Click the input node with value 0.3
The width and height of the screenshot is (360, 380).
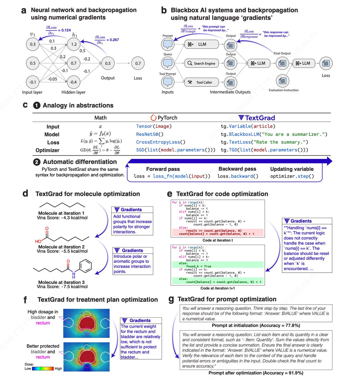[x=33, y=44]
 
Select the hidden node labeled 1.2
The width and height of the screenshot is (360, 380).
[x=74, y=44]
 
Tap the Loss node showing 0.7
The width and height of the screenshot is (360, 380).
[x=138, y=63]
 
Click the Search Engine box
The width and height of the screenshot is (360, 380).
[x=202, y=63]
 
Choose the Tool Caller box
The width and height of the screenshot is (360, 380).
[x=202, y=82]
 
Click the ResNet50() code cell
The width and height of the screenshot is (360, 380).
[x=149, y=134]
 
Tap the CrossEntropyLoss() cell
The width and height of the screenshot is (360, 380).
[x=161, y=142]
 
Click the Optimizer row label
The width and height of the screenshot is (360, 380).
[x=47, y=150]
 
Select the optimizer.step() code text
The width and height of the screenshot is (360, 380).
[x=292, y=176]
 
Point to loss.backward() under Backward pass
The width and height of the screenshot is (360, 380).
[x=238, y=176]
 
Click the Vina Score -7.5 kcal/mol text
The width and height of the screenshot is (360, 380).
[x=62, y=287]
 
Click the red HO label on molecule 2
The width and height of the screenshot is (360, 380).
[x=38, y=241]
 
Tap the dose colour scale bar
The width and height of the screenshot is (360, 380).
[x=43, y=369]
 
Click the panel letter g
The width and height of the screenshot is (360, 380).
[x=171, y=299]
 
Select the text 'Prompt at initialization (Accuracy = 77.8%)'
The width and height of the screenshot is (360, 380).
[x=256, y=325]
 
